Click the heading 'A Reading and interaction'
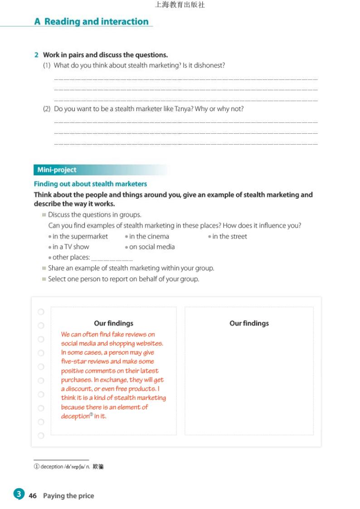pyautogui.click(x=91, y=21)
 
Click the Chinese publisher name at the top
pyautogui.click(x=180, y=5)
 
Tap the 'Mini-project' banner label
pyautogui.click(x=57, y=170)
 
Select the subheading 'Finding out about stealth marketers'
pyautogui.click(x=90, y=184)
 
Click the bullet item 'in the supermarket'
pyautogui.click(x=80, y=236)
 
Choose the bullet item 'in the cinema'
pyautogui.click(x=149, y=236)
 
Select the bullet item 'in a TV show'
pyautogui.click(x=71, y=247)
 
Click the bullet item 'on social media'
pyautogui.click(x=151, y=247)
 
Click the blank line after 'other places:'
pyautogui.click(x=112, y=259)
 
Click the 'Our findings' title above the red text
pyautogui.click(x=113, y=323)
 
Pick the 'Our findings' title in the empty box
pyautogui.click(x=249, y=323)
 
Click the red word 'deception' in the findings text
pyautogui.click(x=75, y=416)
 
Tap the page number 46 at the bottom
pyautogui.click(x=33, y=496)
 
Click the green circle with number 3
pyautogui.click(x=19, y=494)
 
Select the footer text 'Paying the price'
pyautogui.click(x=68, y=496)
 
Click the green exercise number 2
pyautogui.click(x=36, y=55)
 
